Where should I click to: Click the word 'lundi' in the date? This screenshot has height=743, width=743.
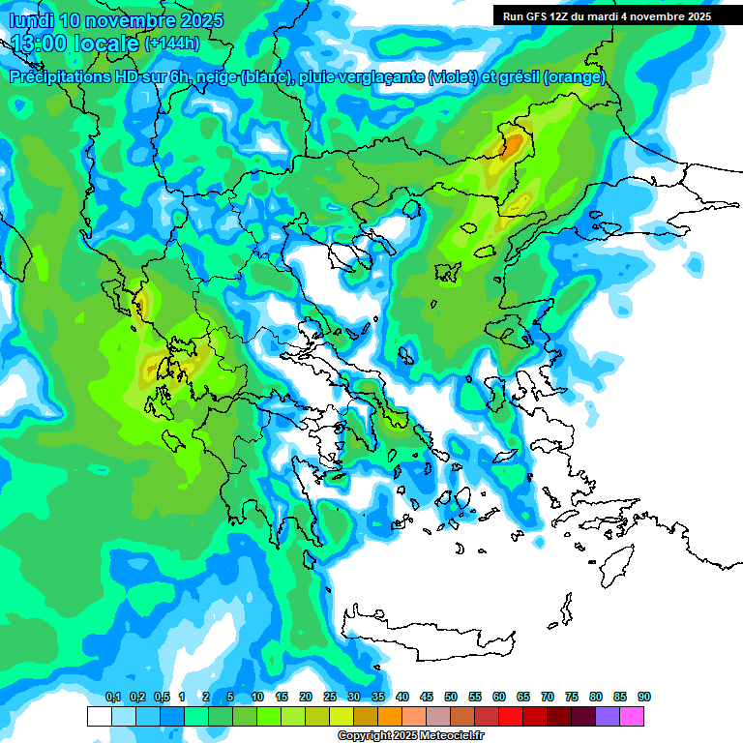coord(33,20)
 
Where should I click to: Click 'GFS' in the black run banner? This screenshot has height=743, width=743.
coord(543,16)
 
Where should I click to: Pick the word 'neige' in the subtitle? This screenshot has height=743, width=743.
coord(215,77)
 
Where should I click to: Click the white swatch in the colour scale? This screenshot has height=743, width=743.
coord(99,716)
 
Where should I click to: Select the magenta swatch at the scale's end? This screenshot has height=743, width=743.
coord(632,716)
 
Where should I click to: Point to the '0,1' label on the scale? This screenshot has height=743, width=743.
coord(112,698)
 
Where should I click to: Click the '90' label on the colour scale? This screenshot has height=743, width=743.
coord(644,698)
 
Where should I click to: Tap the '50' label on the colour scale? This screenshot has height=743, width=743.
coord(451,698)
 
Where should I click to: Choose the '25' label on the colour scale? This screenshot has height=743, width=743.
coord(330,698)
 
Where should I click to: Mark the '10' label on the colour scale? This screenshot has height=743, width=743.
coord(257,698)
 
